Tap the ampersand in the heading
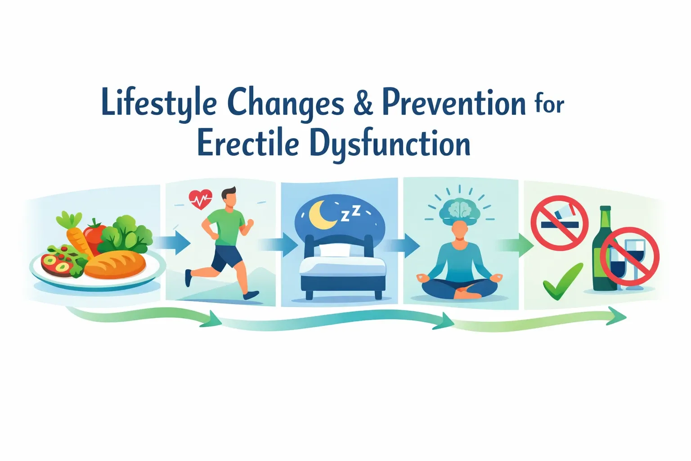click(x=363, y=103)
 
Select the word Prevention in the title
click(x=453, y=103)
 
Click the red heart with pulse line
click(x=201, y=199)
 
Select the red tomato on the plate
click(x=95, y=233)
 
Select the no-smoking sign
click(x=559, y=222)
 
